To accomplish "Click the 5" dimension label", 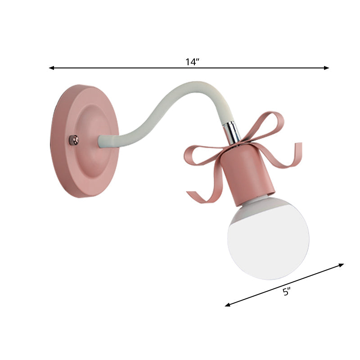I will [287, 292].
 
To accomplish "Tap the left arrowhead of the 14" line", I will [51, 68].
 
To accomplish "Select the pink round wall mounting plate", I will [85, 139].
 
